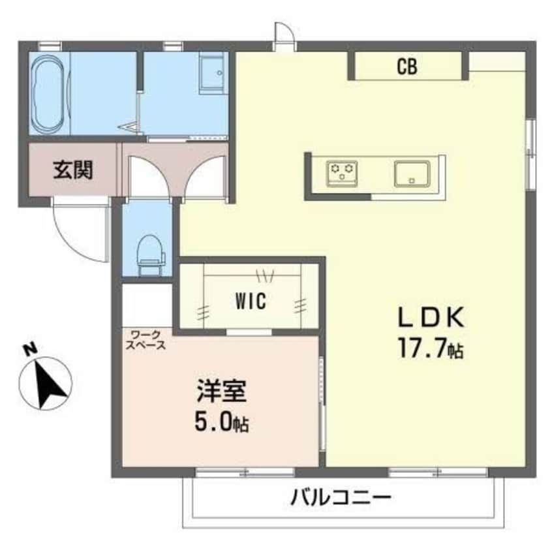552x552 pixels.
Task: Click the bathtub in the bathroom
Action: tap(48, 94)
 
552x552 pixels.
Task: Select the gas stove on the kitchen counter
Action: tap(343, 172)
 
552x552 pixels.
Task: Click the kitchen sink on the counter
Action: tap(412, 174)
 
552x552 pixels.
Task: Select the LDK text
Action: tap(432, 318)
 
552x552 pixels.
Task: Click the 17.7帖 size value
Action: tap(432, 350)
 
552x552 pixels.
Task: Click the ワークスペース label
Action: tap(147, 341)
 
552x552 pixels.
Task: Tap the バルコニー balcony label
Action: tap(341, 500)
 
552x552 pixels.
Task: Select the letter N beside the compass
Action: tap(28, 350)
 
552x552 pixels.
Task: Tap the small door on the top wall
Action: tap(284, 36)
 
